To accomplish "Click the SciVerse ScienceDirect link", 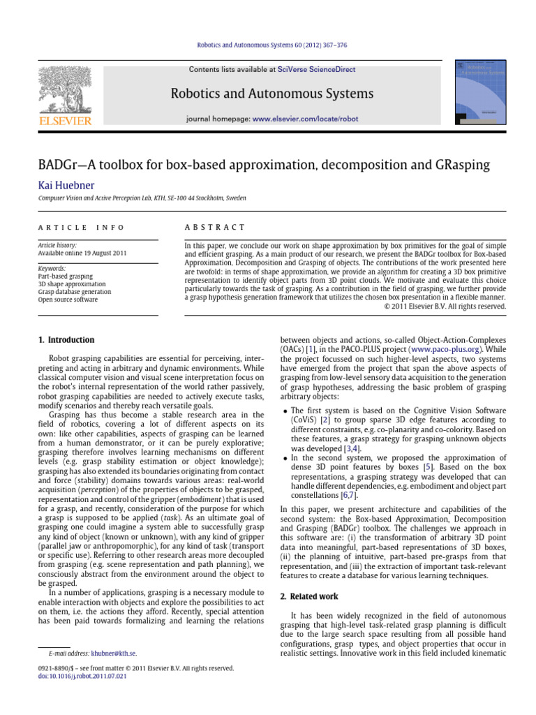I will click(316, 70).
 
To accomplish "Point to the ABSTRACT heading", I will click(214, 228).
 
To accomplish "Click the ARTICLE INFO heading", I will click(81, 228).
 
